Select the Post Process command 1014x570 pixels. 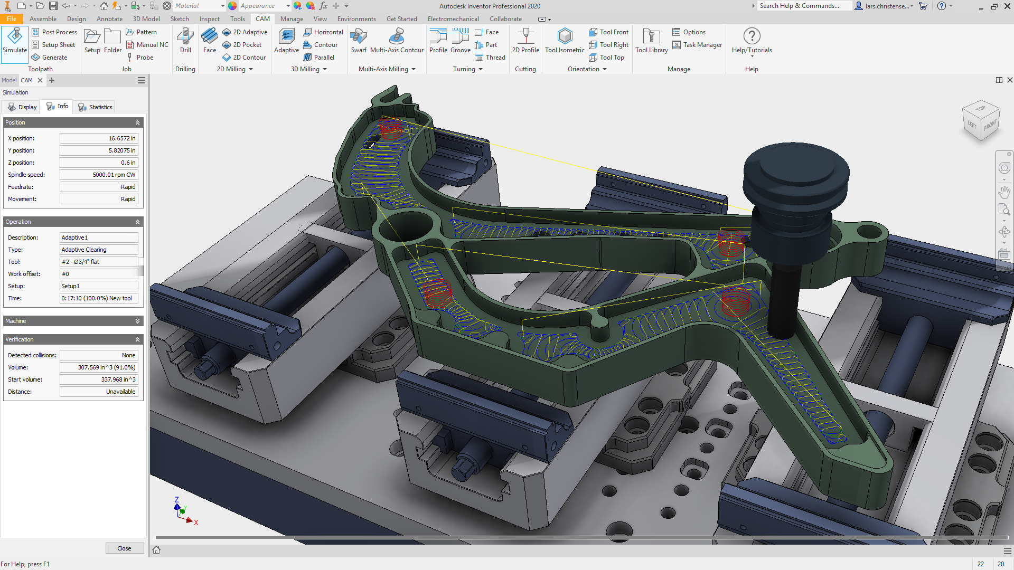pos(54,32)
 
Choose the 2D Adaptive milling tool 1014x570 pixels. pos(245,32)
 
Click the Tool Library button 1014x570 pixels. pos(651,42)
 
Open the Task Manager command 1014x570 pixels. pos(697,45)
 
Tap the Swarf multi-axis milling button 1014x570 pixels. pos(359,42)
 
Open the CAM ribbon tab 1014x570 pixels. pos(262,19)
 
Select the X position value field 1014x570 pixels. pos(99,138)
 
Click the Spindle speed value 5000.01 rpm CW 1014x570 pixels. pos(99,175)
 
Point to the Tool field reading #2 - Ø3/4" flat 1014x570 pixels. pos(99,262)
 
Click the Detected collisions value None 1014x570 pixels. pos(99,355)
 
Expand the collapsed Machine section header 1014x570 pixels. pos(73,321)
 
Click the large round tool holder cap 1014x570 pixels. pos(796,166)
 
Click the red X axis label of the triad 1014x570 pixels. pos(196,522)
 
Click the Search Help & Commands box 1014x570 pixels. pos(803,6)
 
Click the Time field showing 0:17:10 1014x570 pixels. pos(99,298)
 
